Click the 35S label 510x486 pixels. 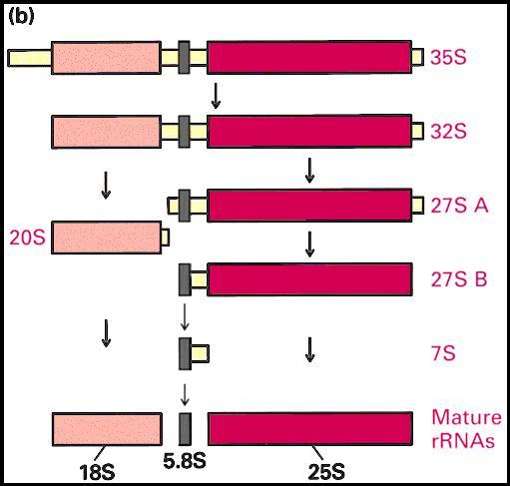tap(448, 57)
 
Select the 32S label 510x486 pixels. tap(448, 131)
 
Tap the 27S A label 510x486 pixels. tap(459, 206)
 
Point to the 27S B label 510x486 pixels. tap(459, 279)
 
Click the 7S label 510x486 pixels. tap(443, 353)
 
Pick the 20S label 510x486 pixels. tap(27, 238)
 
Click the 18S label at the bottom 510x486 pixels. tap(97, 472)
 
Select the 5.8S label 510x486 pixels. tap(185, 460)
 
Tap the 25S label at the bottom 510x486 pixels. tap(326, 472)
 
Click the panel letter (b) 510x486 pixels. tap(21, 17)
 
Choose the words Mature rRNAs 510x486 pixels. tap(466, 429)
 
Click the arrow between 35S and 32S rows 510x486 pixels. tap(216, 96)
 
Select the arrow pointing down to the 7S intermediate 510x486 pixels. tap(185, 316)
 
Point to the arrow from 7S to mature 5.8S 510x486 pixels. tap(185, 395)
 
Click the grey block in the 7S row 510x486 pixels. tap(185, 353)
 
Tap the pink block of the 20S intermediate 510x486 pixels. tap(107, 238)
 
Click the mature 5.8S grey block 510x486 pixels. tap(185, 429)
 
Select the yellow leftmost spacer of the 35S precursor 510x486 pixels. tap(30, 58)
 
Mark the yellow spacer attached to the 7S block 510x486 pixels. tap(200, 353)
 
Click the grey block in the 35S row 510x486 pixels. tap(184, 57)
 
